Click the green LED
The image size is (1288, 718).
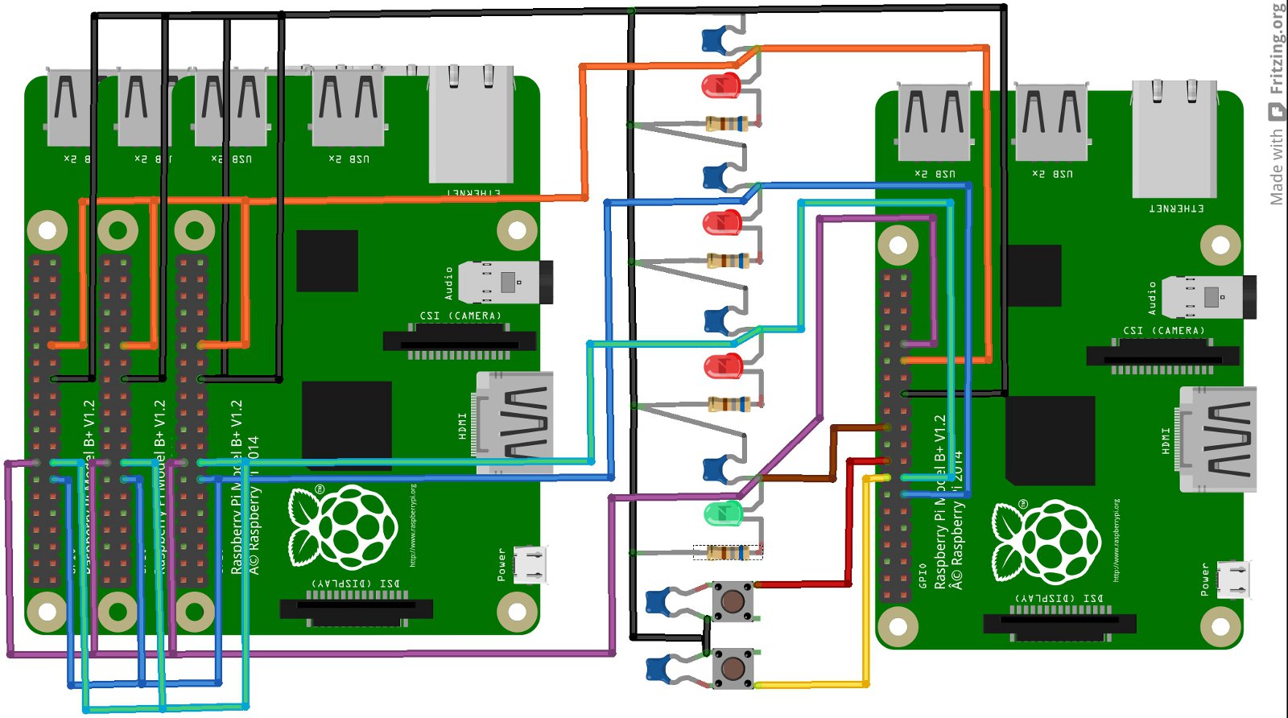(x=722, y=513)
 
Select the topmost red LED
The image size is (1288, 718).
(x=720, y=85)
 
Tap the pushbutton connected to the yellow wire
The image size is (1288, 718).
(x=733, y=668)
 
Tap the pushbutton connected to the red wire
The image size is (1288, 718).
(x=733, y=601)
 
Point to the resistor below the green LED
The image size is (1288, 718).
(x=729, y=552)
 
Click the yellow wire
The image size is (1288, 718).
(x=866, y=580)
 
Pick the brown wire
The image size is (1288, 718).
(x=833, y=451)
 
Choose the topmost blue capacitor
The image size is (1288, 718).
(x=716, y=39)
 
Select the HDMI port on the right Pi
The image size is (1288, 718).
(x=1218, y=439)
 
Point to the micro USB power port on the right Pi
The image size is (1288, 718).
(x=1233, y=580)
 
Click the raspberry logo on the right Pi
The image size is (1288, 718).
(x=1046, y=541)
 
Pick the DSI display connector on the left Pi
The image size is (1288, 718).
(x=356, y=609)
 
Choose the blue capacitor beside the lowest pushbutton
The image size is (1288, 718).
(x=660, y=668)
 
